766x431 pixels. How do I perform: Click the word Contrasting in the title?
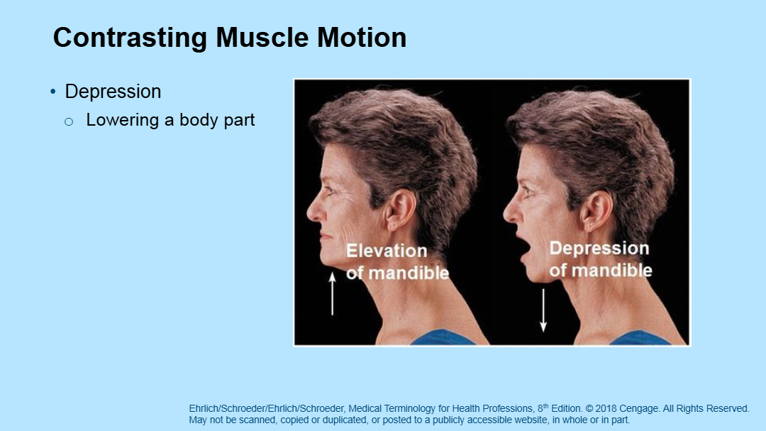[130, 38]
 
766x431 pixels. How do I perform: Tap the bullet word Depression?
[113, 92]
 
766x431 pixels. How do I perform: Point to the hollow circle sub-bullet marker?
[69, 122]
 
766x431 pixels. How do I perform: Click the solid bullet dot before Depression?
[53, 92]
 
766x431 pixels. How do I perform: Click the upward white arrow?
[332, 293]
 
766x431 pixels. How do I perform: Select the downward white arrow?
[543, 310]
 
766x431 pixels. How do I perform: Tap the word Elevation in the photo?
[387, 251]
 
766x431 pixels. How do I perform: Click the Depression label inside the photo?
[599, 249]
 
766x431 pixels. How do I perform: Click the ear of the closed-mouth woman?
[399, 210]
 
